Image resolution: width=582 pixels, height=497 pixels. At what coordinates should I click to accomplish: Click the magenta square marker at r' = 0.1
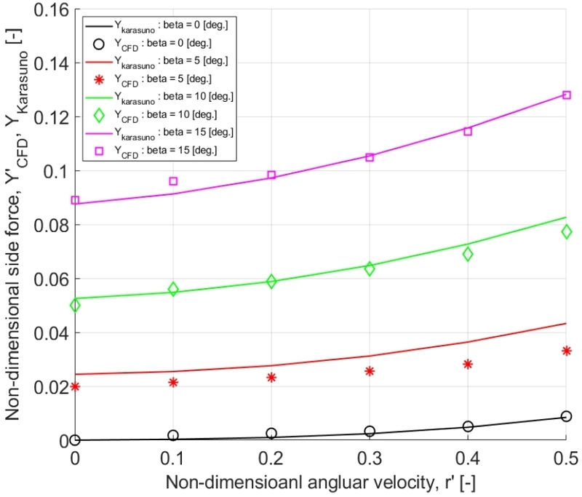click(173, 181)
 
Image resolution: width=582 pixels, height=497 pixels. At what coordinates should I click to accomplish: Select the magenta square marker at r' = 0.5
click(566, 95)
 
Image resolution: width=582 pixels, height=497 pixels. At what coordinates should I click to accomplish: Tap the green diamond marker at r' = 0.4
click(468, 254)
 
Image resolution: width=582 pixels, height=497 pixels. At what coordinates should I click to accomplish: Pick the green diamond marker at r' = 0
click(75, 305)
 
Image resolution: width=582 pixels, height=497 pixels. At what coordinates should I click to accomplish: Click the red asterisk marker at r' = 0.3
click(370, 371)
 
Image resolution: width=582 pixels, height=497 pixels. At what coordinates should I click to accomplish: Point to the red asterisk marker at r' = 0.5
click(566, 351)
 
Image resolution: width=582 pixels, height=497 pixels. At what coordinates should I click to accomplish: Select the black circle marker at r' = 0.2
click(271, 433)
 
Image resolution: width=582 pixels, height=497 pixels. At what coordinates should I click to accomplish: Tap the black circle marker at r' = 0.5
click(566, 416)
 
